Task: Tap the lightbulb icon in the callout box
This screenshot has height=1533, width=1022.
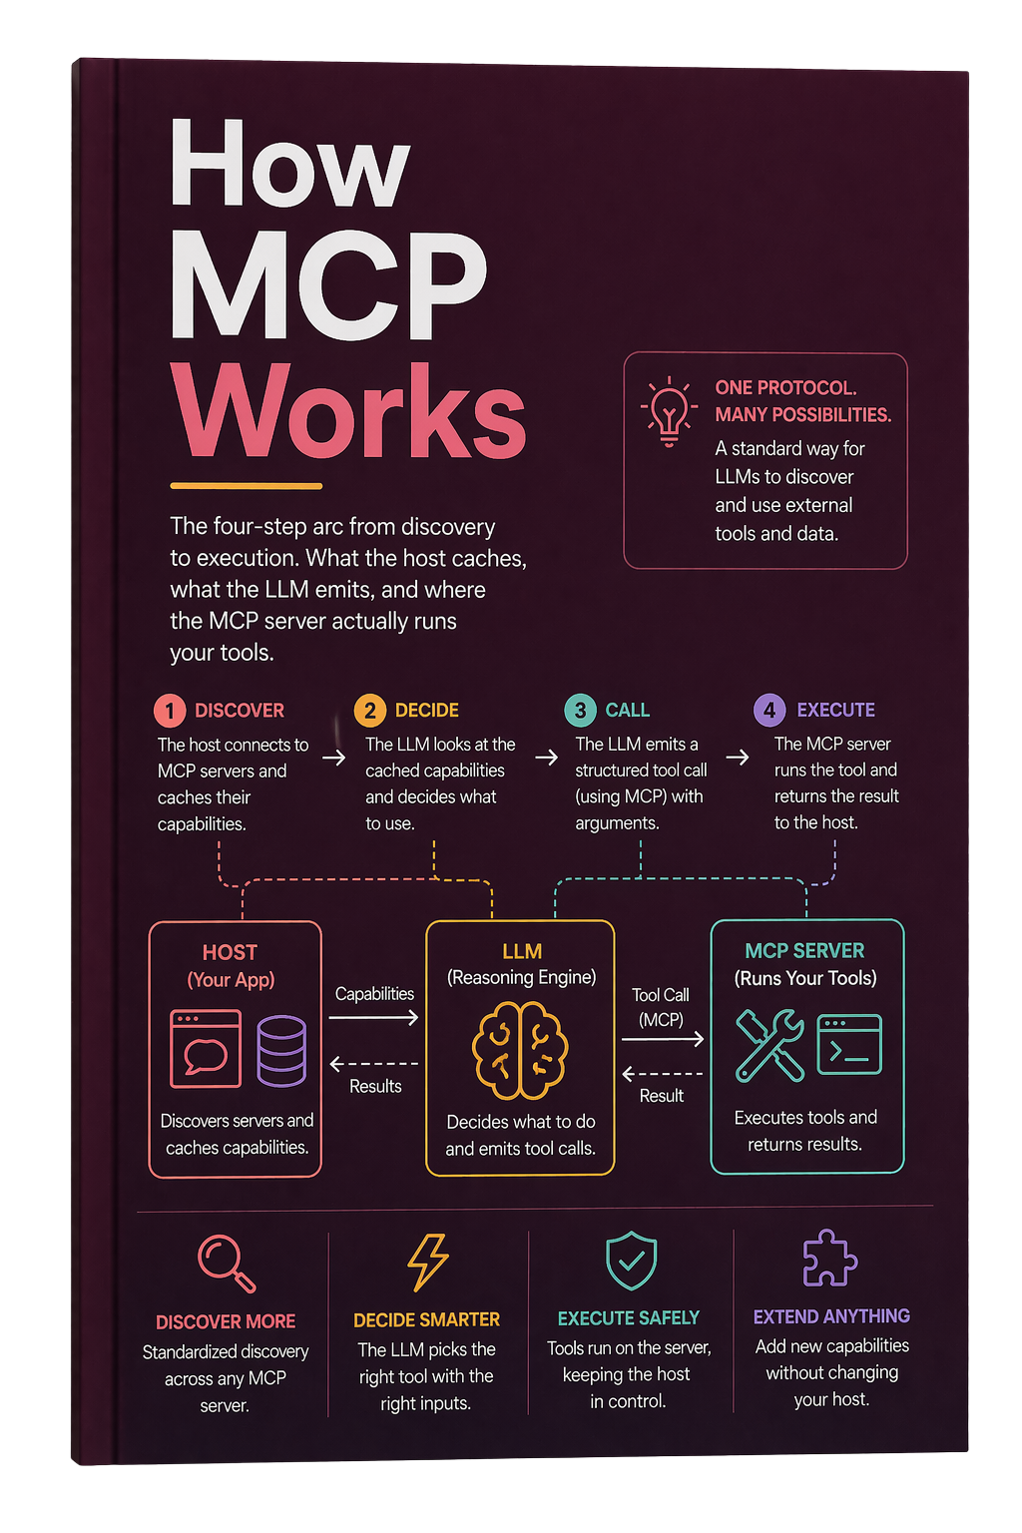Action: click(x=668, y=410)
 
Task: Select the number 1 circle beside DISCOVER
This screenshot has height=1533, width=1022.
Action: click(x=170, y=711)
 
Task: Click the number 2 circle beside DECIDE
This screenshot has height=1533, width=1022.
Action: click(x=369, y=711)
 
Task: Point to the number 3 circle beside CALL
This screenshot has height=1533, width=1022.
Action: click(x=580, y=710)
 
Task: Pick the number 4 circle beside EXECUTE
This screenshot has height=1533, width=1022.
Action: click(x=769, y=710)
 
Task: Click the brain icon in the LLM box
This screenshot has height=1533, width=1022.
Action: click(x=520, y=1050)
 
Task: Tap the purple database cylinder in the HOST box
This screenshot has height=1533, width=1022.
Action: click(x=281, y=1051)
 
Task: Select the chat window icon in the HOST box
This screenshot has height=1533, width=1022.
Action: click(x=206, y=1049)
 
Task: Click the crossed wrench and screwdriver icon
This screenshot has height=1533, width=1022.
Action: click(x=769, y=1045)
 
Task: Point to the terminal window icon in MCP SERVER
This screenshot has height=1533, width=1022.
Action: click(x=848, y=1044)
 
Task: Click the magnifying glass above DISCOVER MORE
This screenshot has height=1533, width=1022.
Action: click(x=226, y=1263)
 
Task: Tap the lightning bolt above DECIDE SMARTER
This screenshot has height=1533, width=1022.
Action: click(x=428, y=1262)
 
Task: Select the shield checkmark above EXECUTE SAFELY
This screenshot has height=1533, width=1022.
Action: click(x=631, y=1261)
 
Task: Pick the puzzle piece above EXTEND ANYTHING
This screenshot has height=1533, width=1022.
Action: click(x=829, y=1258)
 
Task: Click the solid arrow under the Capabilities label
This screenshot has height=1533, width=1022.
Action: click(x=373, y=1018)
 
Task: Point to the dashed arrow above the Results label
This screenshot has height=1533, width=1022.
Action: click(x=373, y=1064)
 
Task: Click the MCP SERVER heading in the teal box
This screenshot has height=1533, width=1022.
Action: click(x=804, y=950)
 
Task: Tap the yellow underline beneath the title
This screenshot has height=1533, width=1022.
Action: click(x=247, y=486)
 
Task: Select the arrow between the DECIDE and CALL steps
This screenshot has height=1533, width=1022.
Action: click(x=546, y=757)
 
